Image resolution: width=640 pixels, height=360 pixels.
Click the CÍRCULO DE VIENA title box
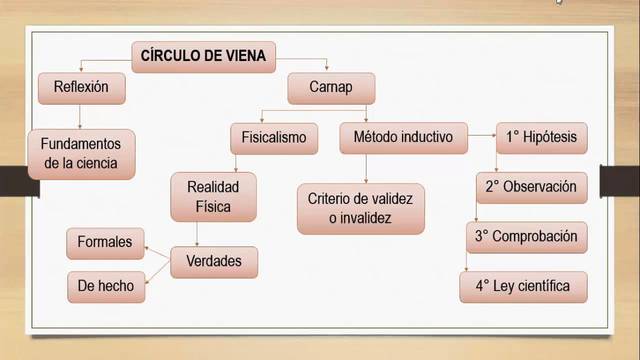pos(204,56)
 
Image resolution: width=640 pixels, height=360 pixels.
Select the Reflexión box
pos(87,88)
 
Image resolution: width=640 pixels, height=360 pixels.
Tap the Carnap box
pos(331,88)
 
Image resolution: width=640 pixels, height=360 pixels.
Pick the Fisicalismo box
pos(274,136)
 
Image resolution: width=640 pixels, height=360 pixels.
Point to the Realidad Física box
pos(213,196)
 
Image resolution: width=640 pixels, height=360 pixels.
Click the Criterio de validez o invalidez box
pos(362,206)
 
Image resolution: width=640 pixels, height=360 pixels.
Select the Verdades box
pos(214,262)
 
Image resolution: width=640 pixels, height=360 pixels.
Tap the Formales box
pos(105,243)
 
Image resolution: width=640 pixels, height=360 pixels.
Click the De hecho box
pos(105,287)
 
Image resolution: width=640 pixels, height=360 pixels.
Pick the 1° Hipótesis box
pos(541,136)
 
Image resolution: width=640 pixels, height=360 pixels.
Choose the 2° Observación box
pos(531,187)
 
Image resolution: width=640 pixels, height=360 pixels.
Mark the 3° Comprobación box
pos(527,238)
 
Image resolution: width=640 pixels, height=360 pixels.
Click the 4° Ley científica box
pos(523,287)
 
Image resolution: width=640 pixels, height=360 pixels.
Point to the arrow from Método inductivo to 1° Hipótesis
pos(482,133)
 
